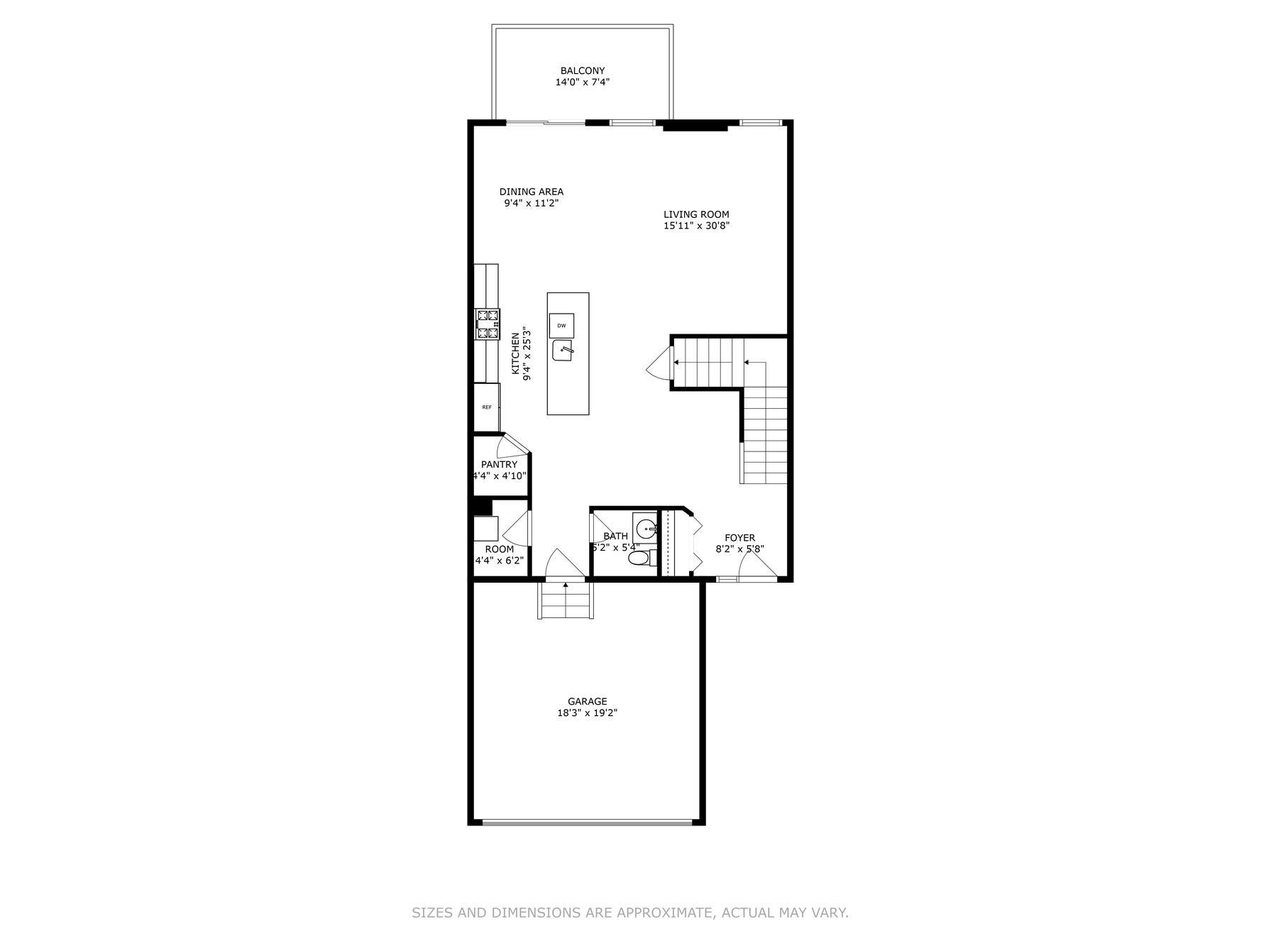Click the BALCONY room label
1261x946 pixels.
582,71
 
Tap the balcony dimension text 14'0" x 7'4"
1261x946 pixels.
582,82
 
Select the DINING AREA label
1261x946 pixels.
531,192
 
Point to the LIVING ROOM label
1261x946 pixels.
696,214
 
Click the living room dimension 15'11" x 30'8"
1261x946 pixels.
696,226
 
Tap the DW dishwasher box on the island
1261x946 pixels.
561,326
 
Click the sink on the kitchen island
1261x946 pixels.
562,351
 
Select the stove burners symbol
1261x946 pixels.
488,324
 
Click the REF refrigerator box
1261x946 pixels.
487,407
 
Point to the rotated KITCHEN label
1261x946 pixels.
516,353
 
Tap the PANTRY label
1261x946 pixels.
499,464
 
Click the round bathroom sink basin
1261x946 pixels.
646,529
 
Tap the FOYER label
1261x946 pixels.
739,538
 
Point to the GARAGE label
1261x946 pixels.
587,702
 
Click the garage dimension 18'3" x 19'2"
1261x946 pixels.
587,713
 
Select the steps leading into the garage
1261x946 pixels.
566,601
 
